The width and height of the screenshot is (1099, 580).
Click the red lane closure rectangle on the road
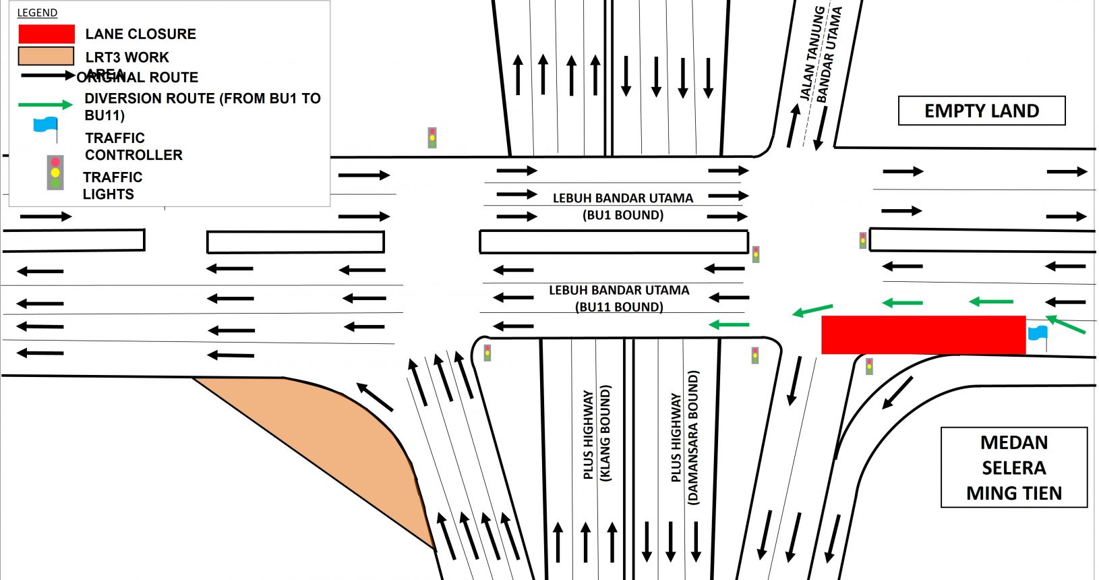pyautogui.click(x=923, y=335)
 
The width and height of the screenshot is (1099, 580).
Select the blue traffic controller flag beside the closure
pyautogui.click(x=1038, y=333)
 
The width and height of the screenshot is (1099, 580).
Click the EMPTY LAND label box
pyautogui.click(x=981, y=111)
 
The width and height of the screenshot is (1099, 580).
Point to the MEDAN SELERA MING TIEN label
pyautogui.click(x=1013, y=467)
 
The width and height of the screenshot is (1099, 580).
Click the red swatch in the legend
pyautogui.click(x=46, y=34)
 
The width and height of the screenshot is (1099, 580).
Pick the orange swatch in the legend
pyautogui.click(x=46, y=56)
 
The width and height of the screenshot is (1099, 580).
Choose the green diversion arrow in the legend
pyautogui.click(x=45, y=105)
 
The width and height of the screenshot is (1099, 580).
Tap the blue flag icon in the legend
pyautogui.click(x=46, y=125)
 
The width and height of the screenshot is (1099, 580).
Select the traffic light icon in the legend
pyautogui.click(x=55, y=173)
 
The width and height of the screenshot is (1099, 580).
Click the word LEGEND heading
pyautogui.click(x=37, y=13)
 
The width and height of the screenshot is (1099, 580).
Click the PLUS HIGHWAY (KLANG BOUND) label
pyautogui.click(x=597, y=435)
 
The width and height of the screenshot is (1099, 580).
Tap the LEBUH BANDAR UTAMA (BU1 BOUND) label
pyautogui.click(x=623, y=206)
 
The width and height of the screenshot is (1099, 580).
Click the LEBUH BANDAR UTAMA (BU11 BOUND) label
pyautogui.click(x=619, y=298)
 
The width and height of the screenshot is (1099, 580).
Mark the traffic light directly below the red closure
pyautogui.click(x=869, y=366)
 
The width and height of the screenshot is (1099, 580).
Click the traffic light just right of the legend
pyautogui.click(x=432, y=138)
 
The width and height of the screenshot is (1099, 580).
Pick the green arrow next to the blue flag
pyautogui.click(x=1065, y=324)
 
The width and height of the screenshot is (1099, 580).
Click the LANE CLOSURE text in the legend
pyautogui.click(x=140, y=34)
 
